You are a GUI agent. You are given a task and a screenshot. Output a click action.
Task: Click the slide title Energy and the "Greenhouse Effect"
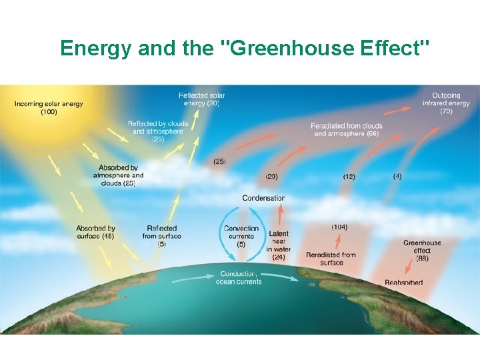click(245, 48)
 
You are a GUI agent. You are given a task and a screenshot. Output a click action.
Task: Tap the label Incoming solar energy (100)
click(49, 107)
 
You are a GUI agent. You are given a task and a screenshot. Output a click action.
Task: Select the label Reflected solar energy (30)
click(201, 99)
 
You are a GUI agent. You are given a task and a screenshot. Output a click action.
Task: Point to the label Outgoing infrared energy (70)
click(446, 103)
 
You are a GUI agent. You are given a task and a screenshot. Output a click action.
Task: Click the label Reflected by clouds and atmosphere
click(158, 131)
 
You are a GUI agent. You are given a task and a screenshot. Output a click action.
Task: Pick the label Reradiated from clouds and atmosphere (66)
click(346, 129)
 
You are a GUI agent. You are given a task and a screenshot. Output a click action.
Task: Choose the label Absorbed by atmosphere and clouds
click(118, 175)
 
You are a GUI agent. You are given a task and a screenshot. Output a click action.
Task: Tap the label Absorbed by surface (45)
click(95, 232)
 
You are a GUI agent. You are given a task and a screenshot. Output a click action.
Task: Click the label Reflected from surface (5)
click(162, 236)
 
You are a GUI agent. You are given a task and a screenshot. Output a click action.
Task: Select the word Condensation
click(263, 198)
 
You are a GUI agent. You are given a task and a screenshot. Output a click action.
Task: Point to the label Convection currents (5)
click(241, 236)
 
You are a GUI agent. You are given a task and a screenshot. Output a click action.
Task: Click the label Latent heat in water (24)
click(278, 245)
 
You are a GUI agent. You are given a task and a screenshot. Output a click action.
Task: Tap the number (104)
click(339, 227)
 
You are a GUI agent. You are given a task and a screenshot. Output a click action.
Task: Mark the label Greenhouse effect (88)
click(422, 251)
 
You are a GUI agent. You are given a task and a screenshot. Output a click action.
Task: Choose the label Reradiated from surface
click(331, 259)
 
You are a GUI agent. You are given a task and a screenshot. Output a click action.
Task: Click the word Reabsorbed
click(403, 283)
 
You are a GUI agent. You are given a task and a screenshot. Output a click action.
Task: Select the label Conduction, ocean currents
click(239, 277)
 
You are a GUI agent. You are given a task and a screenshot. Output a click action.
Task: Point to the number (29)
click(271, 177)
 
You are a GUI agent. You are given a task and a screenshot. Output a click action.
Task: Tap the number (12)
click(349, 177)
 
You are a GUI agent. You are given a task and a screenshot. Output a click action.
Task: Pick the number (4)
click(397, 177)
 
